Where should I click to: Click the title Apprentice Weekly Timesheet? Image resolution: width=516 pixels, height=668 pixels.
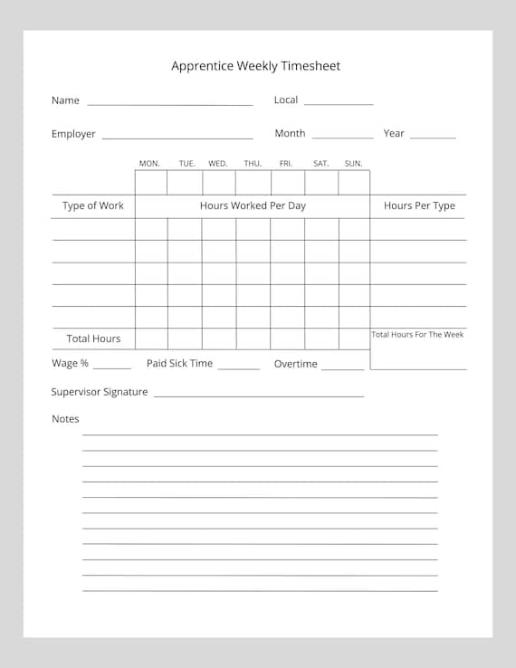(x=256, y=66)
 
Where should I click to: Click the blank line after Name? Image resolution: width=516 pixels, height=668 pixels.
(x=170, y=105)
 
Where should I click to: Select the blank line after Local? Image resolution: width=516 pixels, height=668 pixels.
(x=339, y=105)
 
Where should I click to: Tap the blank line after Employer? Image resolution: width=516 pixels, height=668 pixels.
(x=177, y=138)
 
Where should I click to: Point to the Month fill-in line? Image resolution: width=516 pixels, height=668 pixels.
(x=342, y=138)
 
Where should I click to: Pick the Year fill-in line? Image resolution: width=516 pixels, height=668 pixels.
(x=433, y=138)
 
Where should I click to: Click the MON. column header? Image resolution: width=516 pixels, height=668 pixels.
(x=149, y=164)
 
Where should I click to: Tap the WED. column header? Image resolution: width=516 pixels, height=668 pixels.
(x=218, y=164)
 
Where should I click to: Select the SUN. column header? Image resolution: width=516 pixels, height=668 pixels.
(x=353, y=164)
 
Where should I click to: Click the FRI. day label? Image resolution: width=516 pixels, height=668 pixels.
(x=286, y=164)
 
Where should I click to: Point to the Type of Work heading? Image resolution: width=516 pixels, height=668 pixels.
(x=93, y=206)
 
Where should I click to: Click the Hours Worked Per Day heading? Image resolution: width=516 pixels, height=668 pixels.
(x=253, y=206)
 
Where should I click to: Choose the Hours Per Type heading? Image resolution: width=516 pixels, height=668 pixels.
(x=419, y=206)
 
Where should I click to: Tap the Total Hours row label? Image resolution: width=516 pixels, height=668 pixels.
(x=93, y=339)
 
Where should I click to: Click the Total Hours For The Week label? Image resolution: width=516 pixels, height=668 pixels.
(x=417, y=335)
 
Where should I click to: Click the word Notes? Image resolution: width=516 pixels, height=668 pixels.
(x=65, y=419)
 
